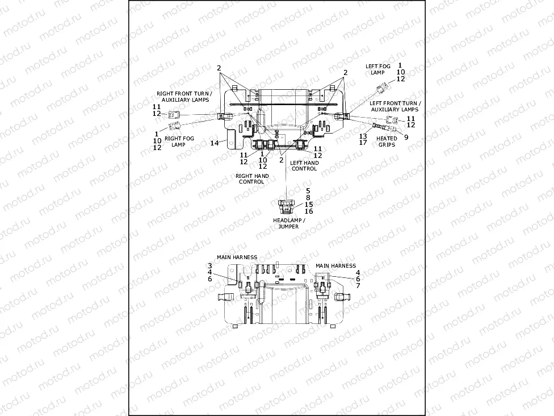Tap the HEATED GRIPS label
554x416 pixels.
(387, 142)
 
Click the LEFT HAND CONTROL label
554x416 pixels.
(304, 165)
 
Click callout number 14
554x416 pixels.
(214, 143)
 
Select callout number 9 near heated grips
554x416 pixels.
(406, 136)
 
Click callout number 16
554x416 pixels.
(308, 211)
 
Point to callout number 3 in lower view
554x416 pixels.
(209, 265)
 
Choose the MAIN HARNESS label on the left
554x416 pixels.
(237, 257)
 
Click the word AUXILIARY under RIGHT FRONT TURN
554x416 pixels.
(176, 99)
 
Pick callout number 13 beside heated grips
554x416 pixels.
(363, 136)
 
